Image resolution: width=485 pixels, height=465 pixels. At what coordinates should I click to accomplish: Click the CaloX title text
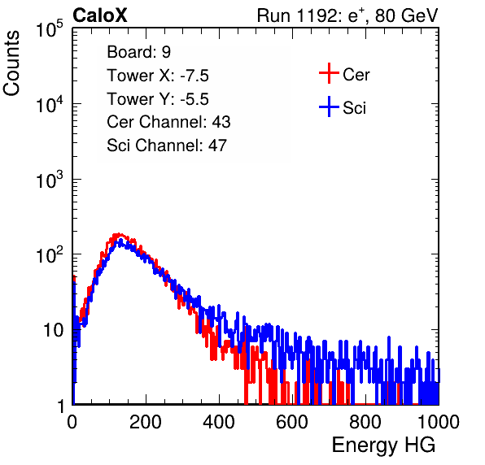(x=100, y=15)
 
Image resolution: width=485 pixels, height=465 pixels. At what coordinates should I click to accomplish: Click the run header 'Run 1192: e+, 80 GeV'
(x=347, y=15)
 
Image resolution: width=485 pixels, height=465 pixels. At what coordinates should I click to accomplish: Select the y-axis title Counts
(x=11, y=63)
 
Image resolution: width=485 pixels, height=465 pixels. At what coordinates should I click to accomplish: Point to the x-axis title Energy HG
(x=383, y=445)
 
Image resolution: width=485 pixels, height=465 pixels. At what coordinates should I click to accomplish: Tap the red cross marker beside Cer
(x=329, y=73)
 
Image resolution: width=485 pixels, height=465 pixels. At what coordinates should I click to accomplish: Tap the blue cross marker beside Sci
(x=329, y=106)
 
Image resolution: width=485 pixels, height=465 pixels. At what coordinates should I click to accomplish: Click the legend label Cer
(x=356, y=75)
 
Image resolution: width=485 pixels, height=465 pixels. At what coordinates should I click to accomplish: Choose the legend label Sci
(x=354, y=108)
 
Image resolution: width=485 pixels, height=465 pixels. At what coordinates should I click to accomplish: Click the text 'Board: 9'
(x=138, y=52)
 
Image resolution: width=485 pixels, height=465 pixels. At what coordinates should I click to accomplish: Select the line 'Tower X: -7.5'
(x=158, y=76)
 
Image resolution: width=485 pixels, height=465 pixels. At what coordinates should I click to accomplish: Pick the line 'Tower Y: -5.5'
(x=158, y=99)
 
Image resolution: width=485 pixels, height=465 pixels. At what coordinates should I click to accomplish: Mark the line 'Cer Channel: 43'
(x=168, y=122)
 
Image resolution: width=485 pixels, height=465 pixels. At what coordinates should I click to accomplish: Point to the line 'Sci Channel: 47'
(x=167, y=146)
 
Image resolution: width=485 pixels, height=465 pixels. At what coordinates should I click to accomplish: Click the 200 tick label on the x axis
(x=146, y=422)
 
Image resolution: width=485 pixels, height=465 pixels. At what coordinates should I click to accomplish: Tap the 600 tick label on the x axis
(x=292, y=422)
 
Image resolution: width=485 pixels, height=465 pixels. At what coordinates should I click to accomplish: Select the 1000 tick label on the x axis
(x=439, y=422)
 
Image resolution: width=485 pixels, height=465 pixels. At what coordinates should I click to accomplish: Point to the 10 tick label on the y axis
(x=54, y=331)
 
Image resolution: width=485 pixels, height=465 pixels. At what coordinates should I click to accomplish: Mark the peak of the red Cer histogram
(x=117, y=235)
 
